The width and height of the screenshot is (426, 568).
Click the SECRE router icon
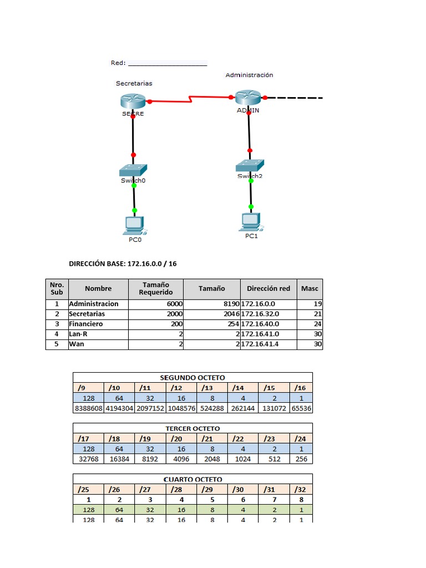[133, 100]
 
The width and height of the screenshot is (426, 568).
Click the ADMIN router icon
[247, 97]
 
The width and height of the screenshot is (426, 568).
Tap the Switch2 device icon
[250, 165]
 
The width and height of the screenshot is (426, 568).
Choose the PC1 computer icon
[251, 221]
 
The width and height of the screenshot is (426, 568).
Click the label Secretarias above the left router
[134, 83]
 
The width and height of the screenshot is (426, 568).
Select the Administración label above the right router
[249, 75]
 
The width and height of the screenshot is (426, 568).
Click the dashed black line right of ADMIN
[297, 98]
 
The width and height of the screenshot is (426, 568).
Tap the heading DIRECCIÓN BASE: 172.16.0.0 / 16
[123, 263]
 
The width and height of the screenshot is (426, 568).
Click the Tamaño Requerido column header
[155, 288]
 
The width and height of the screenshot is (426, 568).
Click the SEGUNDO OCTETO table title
[192, 378]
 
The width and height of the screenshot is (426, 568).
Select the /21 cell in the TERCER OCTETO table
[207, 439]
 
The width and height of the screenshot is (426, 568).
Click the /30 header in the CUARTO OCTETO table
[238, 489]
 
